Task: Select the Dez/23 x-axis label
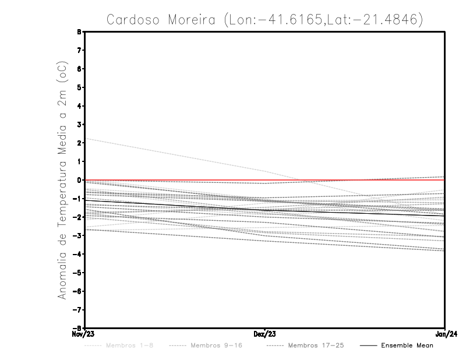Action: pos(265,334)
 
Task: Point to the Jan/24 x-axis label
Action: pos(445,334)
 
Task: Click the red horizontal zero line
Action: pos(349,180)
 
